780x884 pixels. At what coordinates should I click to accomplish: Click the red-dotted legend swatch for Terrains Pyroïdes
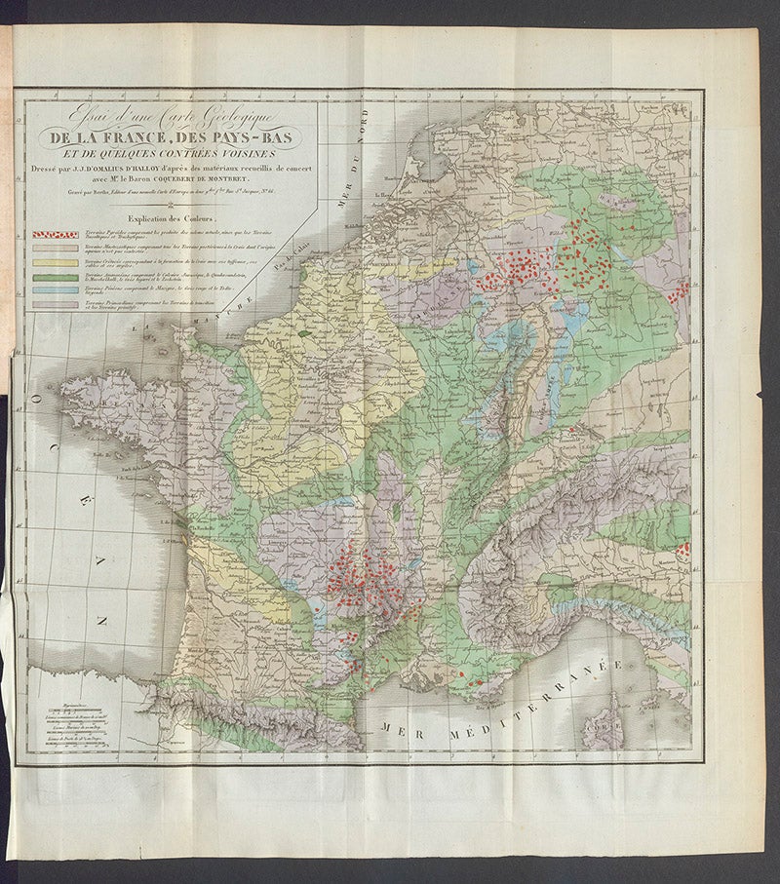[55, 234]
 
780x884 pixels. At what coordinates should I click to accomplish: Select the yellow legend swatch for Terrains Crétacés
[55, 263]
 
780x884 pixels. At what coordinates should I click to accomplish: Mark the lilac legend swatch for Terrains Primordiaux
[55, 305]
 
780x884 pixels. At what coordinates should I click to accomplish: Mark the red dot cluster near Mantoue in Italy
[682, 551]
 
